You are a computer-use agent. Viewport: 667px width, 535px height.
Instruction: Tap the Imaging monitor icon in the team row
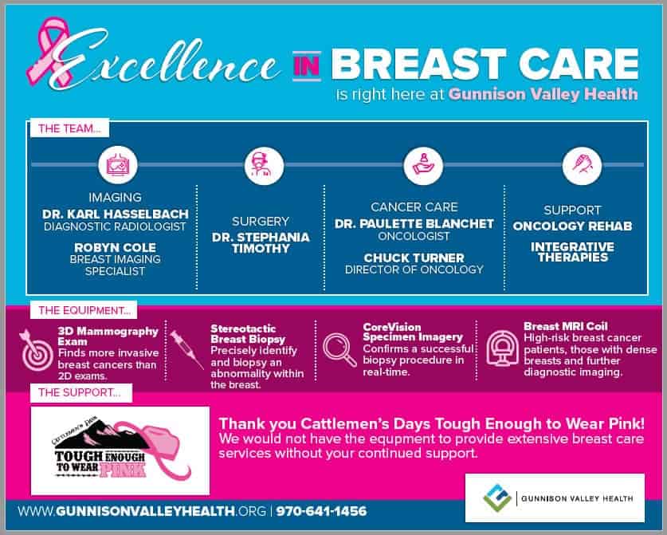click(116, 165)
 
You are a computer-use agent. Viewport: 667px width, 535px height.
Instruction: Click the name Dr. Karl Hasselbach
click(116, 214)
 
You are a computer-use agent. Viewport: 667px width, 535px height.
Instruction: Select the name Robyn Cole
click(116, 247)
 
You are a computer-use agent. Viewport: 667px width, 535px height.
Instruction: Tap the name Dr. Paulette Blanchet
click(414, 224)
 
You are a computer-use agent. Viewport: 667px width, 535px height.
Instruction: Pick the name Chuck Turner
click(414, 258)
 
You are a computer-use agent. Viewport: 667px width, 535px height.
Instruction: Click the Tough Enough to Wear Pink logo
click(120, 451)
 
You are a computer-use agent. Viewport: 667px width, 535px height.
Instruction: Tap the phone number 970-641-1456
click(322, 511)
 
